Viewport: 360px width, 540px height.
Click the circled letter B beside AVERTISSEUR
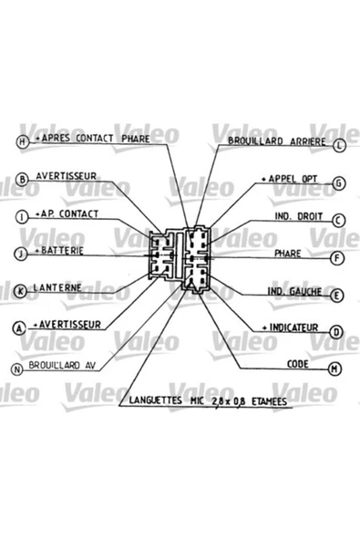click(23, 180)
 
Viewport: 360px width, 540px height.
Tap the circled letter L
click(339, 145)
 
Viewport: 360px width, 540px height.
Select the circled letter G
click(339, 183)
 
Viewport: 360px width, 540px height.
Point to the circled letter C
click(338, 221)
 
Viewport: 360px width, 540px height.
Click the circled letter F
click(337, 258)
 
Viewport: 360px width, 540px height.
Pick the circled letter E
click(336, 296)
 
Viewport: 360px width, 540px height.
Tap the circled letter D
click(336, 332)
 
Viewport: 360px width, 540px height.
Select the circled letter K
click(21, 291)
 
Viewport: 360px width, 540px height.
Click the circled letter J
click(21, 254)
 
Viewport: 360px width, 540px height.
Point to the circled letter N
click(17, 369)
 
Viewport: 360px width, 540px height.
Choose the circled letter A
click(19, 328)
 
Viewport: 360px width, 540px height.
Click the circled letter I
click(22, 216)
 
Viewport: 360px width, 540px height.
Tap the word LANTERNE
click(57, 287)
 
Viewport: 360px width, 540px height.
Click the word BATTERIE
click(62, 250)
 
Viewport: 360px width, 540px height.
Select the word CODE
click(298, 364)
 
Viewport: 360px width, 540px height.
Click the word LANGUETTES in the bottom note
click(155, 400)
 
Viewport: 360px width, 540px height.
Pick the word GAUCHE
click(305, 292)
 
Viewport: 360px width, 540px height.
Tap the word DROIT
click(310, 216)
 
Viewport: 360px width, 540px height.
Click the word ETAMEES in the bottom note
click(270, 401)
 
